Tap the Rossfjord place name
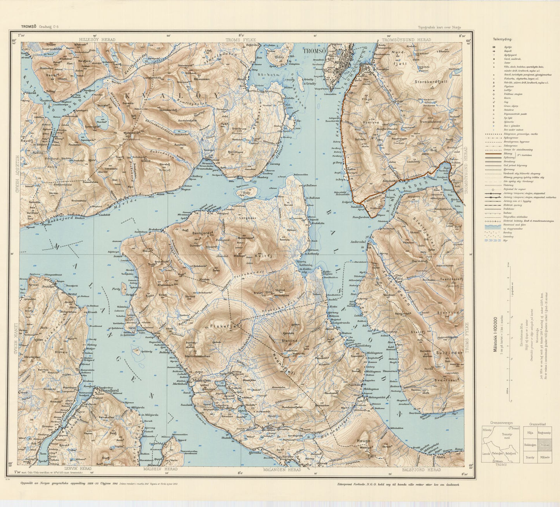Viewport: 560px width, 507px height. tap(109, 391)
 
